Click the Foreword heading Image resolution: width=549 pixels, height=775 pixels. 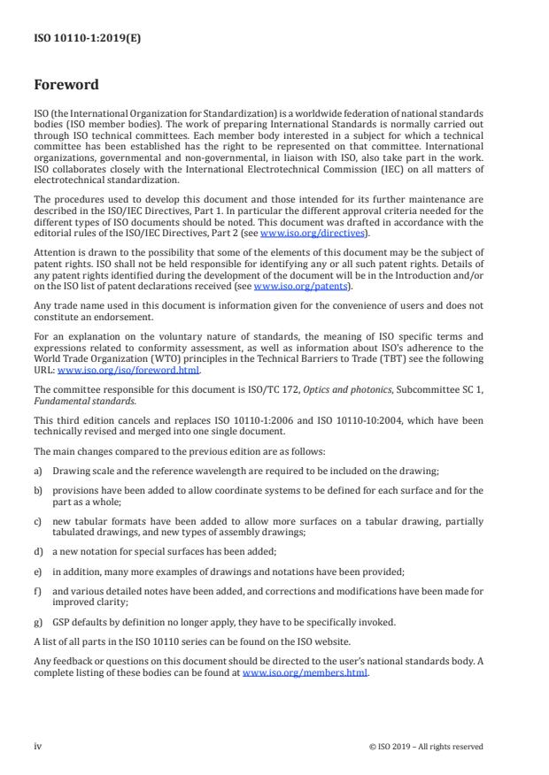(66, 86)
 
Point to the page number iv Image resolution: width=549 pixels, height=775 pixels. (38, 746)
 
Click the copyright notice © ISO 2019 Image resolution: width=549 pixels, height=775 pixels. (426, 746)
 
